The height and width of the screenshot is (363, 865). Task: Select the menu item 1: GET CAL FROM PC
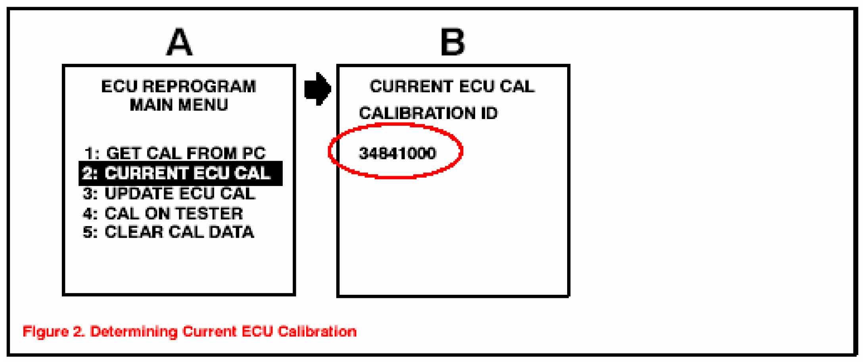(175, 153)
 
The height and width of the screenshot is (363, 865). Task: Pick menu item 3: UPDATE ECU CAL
(169, 194)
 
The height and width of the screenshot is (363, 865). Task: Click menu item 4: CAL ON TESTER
(163, 213)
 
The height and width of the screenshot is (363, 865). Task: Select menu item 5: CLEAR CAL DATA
(168, 232)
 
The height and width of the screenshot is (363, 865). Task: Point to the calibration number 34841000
(397, 153)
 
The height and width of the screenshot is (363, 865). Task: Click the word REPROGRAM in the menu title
(199, 86)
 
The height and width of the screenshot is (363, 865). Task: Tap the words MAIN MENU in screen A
(179, 105)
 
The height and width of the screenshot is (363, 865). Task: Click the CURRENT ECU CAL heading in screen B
(452, 86)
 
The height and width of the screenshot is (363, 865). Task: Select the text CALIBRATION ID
(428, 113)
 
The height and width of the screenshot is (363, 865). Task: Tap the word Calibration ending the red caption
(317, 331)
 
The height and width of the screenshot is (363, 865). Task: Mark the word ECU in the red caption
(257, 331)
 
